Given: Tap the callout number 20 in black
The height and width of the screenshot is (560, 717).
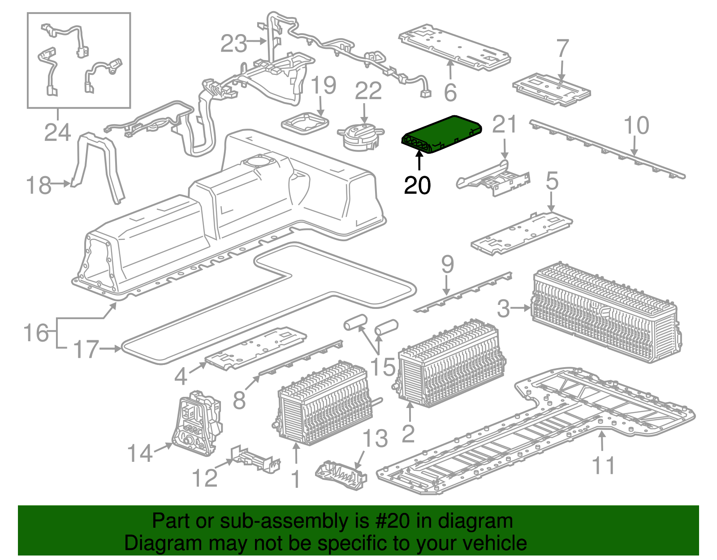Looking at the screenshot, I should pyautogui.click(x=417, y=185).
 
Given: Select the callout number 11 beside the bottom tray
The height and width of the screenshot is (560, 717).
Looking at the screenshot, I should pyautogui.click(x=603, y=465).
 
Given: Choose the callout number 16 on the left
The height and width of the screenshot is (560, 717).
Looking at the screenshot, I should pyautogui.click(x=36, y=333).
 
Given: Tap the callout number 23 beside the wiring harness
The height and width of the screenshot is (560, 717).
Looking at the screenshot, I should pyautogui.click(x=233, y=43).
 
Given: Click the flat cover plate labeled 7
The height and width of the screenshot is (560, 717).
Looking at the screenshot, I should pyautogui.click(x=551, y=90).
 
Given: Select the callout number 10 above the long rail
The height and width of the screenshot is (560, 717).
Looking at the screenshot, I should pyautogui.click(x=636, y=125).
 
